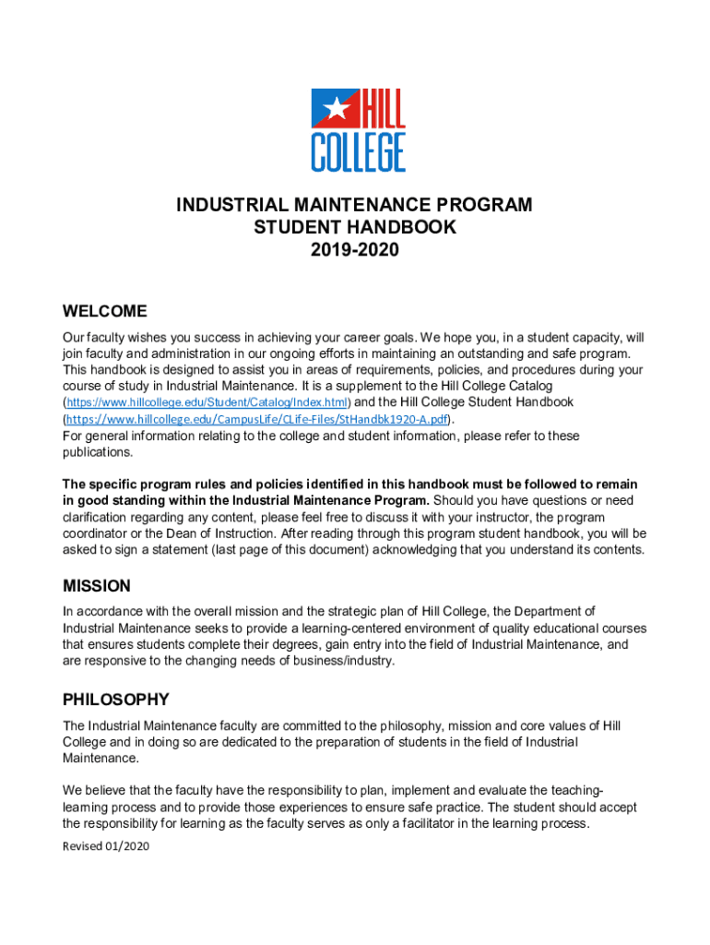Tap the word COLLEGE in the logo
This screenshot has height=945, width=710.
coord(358,151)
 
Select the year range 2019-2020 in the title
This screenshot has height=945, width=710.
coord(354,249)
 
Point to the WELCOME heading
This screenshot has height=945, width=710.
coord(104,311)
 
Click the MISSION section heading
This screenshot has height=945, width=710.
coord(96,586)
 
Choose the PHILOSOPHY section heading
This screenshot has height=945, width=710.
coord(115,700)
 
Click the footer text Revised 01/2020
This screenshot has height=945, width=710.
coord(105,846)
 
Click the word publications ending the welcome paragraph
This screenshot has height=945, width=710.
coord(98,452)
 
